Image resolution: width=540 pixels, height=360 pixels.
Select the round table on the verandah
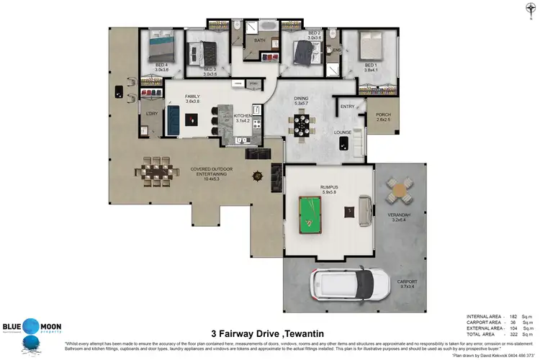(x=397, y=191)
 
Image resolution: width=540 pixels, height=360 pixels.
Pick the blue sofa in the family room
(x=173, y=120)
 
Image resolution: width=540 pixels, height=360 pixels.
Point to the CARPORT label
(x=408, y=282)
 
